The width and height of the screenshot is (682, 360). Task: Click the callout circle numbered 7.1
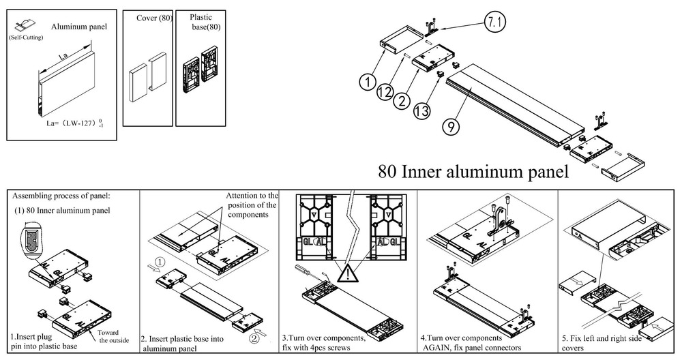[496, 22]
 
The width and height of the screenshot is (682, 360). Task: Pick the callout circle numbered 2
[402, 101]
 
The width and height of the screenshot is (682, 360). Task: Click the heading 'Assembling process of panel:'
[61, 195]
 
